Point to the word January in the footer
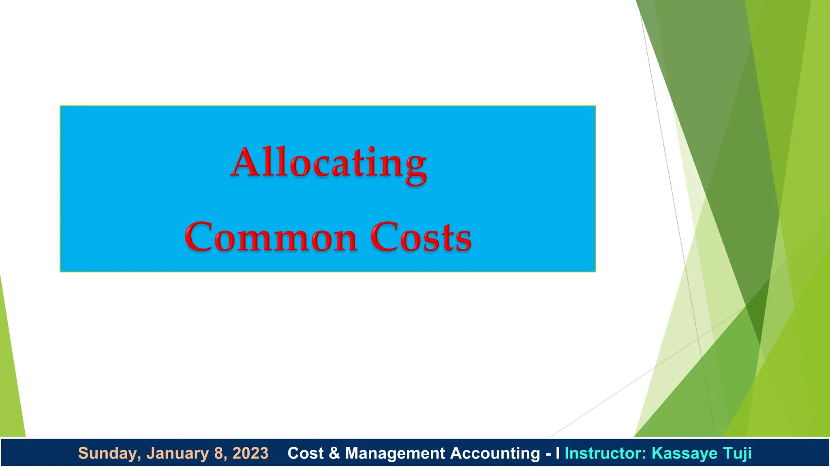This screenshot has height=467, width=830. pos(178,453)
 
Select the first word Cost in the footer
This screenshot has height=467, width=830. pos(306,453)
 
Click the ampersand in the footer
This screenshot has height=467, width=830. pos(334,453)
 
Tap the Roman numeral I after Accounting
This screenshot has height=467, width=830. pos(558,453)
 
